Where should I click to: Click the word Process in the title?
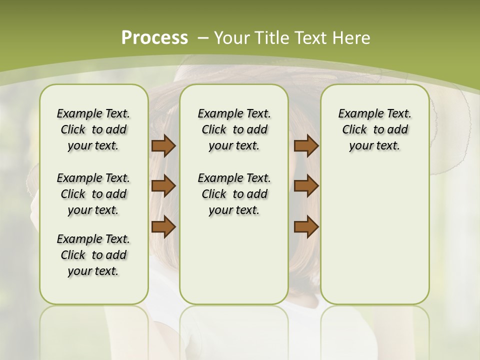tap(154, 38)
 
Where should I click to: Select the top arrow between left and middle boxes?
tap(163, 146)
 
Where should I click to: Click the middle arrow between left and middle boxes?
tap(163, 186)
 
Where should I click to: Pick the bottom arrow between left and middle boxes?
tap(163, 226)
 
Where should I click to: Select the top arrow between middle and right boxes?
tap(306, 146)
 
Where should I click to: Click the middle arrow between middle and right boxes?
tap(306, 186)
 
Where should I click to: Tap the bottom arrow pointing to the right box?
tap(306, 226)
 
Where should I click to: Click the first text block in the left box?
tap(93, 129)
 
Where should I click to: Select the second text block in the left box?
tap(93, 194)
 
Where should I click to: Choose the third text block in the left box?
tap(93, 255)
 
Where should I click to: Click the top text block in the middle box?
tap(234, 129)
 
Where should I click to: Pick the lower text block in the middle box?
tap(234, 194)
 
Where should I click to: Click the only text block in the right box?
tap(374, 129)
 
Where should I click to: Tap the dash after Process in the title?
tap(203, 38)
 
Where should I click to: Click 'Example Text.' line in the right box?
tap(374, 113)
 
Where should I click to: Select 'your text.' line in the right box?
tap(374, 145)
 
